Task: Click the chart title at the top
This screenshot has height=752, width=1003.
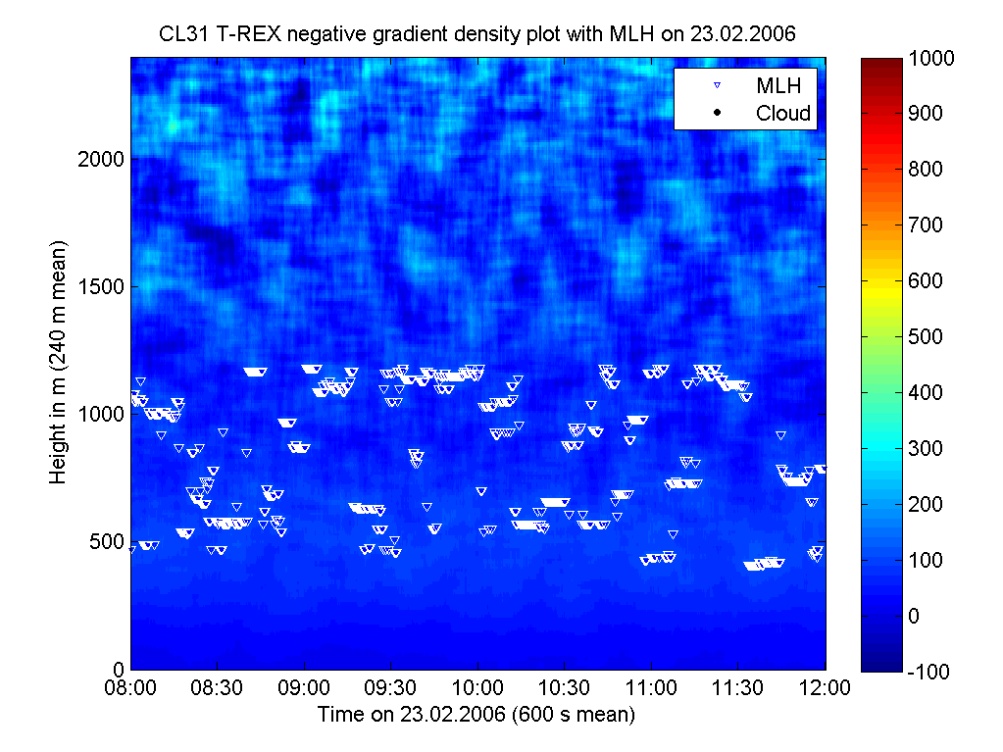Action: click(x=477, y=34)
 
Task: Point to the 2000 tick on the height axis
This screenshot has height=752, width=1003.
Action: click(x=102, y=159)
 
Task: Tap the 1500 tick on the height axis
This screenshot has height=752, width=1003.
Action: click(x=102, y=286)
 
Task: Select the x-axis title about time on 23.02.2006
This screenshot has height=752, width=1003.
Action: click(x=476, y=715)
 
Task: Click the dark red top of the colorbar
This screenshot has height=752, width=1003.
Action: click(x=880, y=64)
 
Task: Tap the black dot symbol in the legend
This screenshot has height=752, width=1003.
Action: click(x=717, y=113)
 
